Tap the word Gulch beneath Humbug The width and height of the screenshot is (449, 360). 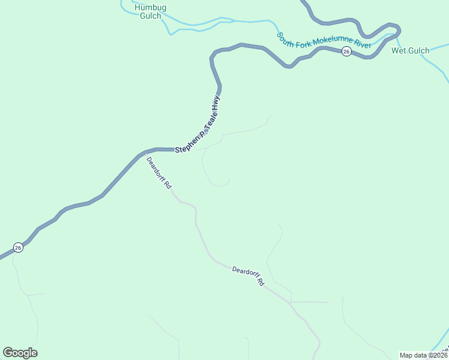point(150,16)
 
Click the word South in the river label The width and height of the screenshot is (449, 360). point(286,37)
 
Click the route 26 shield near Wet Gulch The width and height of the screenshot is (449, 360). point(346,52)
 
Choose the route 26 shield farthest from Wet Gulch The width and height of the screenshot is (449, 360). point(18,247)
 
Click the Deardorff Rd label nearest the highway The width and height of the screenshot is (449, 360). point(159,173)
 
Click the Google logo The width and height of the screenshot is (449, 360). point(20,353)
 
